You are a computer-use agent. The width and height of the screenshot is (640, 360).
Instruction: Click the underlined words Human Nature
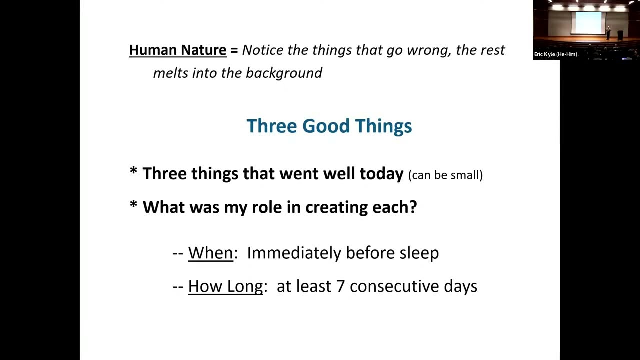[177, 50]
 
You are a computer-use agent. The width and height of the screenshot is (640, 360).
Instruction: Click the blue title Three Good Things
[329, 126]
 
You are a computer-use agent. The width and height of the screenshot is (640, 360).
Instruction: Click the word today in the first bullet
[381, 174]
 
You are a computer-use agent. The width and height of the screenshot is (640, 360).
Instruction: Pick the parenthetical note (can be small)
[445, 175]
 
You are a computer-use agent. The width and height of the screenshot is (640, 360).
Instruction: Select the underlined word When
[210, 253]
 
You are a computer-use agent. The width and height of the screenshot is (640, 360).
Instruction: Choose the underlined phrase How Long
[225, 287]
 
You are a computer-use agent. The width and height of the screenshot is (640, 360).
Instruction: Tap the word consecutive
[395, 287]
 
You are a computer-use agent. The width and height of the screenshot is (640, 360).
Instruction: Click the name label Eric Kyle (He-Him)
[555, 54]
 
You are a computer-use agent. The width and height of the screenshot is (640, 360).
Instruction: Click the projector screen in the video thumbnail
[588, 23]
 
